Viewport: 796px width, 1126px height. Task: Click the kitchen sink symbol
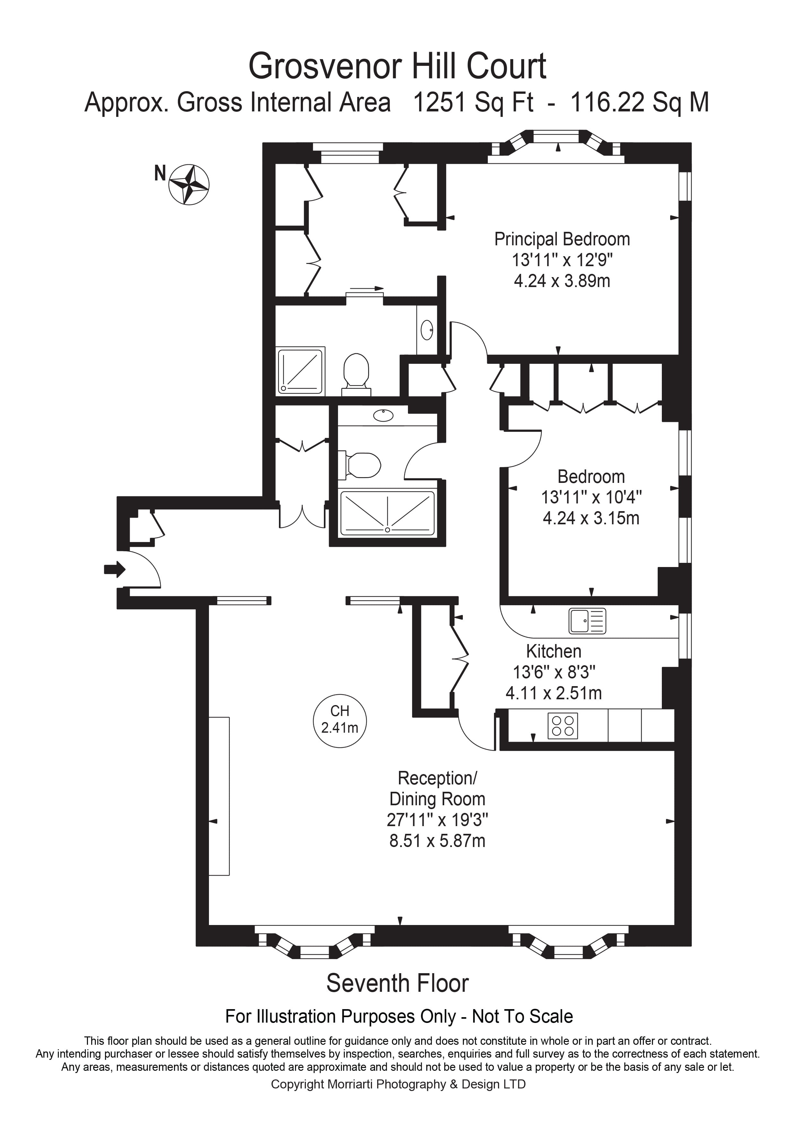[x=587, y=621]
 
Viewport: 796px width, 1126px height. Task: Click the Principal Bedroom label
[x=562, y=239]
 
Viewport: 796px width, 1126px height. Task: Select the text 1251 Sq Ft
[x=473, y=103]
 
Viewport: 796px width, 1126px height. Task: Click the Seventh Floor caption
[x=397, y=983]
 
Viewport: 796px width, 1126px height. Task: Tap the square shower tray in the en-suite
[x=300, y=371]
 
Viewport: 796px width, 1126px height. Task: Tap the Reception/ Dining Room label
[x=437, y=789]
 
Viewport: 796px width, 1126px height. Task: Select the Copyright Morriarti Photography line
[x=398, y=1084]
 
